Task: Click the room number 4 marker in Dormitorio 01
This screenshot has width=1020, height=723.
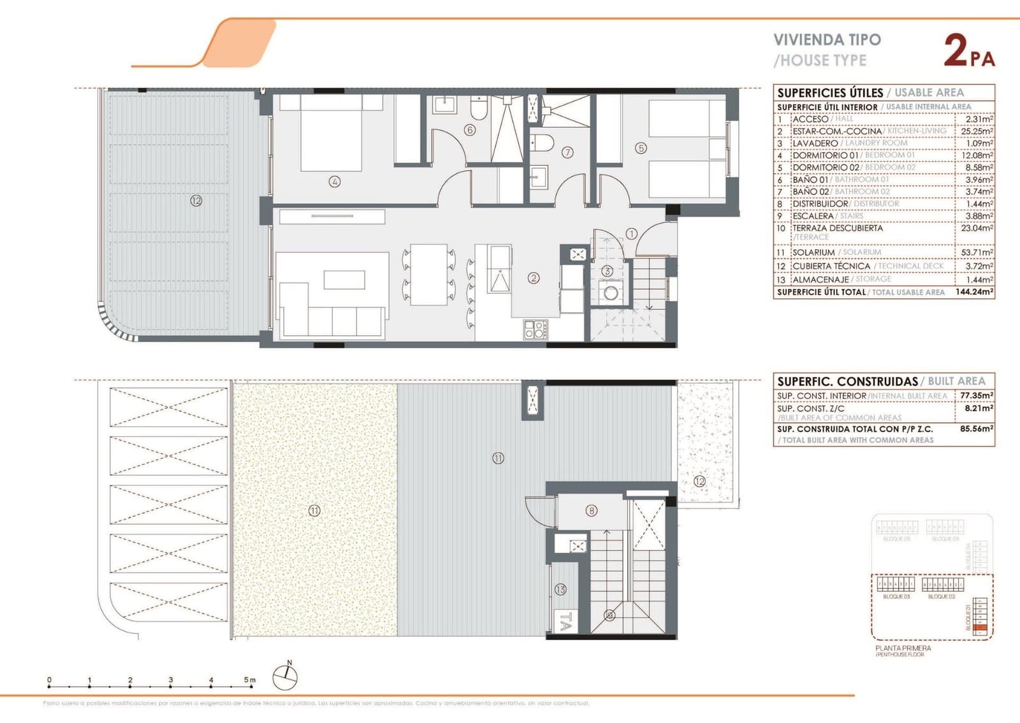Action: pos(334,182)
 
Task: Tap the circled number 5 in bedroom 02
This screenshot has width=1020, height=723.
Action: pos(641,148)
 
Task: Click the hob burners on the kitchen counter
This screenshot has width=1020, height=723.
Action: pos(535,329)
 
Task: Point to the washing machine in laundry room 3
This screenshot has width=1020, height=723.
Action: pos(611,294)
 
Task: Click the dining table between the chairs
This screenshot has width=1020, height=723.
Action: pos(428,274)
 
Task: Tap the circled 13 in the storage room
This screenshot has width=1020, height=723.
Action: pos(560,589)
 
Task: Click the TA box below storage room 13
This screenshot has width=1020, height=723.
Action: pos(564,621)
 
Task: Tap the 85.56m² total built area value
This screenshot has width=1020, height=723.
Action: pos(976,429)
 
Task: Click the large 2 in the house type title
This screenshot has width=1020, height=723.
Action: pos(956,51)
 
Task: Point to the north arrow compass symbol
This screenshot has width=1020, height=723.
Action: pos(286,676)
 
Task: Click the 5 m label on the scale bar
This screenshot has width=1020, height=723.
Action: pos(249,680)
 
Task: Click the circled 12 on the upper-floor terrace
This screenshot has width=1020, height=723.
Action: pos(699,482)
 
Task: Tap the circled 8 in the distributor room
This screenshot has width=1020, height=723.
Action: pos(592,510)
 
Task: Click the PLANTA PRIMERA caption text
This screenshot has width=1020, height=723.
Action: pos(903,648)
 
